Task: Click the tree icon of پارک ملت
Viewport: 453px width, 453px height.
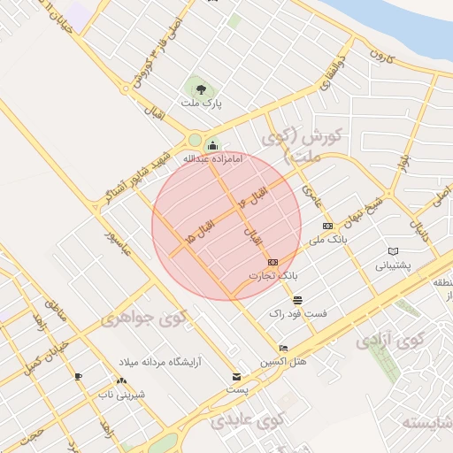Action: point(201,88)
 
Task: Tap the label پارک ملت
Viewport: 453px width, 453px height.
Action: point(201,104)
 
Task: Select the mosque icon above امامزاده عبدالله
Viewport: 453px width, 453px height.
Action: point(212,145)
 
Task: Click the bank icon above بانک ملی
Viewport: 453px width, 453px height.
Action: point(328,226)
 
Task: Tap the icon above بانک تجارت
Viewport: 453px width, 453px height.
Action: point(273,263)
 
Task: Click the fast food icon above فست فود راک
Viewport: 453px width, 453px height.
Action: point(296,300)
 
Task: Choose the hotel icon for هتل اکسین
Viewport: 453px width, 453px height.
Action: point(283,348)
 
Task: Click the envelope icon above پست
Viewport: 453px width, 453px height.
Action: point(236,376)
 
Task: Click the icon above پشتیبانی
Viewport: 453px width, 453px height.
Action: point(393,251)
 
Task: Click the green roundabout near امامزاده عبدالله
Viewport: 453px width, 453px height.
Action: point(195,139)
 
